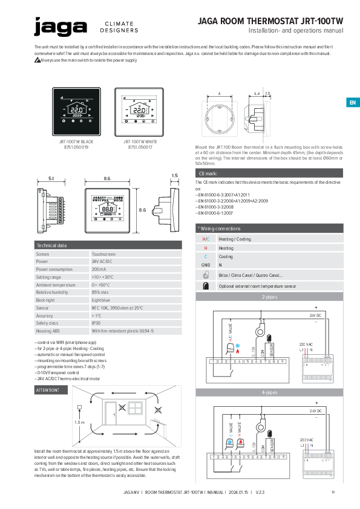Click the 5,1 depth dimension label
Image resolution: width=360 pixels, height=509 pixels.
point(51,178)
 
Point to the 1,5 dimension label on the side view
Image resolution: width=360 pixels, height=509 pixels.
point(174,175)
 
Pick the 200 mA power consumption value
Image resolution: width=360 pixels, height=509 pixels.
point(99,269)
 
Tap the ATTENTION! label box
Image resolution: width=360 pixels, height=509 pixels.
point(48,391)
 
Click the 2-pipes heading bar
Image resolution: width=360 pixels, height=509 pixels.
point(269,297)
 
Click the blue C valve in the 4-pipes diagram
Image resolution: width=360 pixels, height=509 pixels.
point(230,443)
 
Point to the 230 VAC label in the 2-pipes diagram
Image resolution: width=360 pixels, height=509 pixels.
point(306,343)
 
